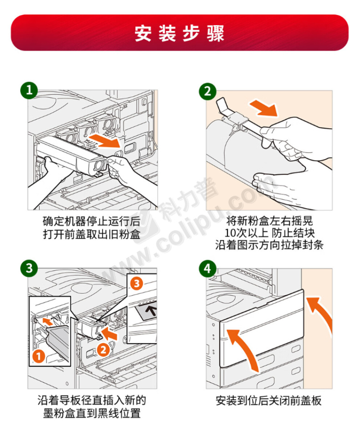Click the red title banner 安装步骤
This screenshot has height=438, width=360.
(180, 33)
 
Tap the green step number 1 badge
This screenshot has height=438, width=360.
(29, 90)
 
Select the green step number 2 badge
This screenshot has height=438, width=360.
(207, 91)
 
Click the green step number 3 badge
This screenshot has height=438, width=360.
(29, 268)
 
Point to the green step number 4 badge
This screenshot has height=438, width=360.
(207, 269)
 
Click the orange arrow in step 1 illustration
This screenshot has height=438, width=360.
(105, 141)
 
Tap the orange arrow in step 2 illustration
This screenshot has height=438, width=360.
(264, 109)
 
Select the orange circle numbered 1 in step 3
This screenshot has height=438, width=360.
(39, 356)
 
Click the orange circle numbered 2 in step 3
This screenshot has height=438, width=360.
(103, 349)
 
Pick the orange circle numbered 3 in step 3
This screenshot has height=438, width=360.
(136, 283)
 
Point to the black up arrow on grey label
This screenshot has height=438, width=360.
(152, 310)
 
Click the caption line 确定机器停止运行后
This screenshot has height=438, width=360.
(92, 222)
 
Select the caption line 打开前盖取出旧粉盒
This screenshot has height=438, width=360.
(92, 234)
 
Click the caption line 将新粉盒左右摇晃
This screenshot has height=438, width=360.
(269, 221)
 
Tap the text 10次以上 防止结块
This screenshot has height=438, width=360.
(269, 233)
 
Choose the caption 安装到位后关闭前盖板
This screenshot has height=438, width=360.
(269, 400)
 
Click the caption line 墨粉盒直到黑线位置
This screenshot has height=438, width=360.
(92, 413)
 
